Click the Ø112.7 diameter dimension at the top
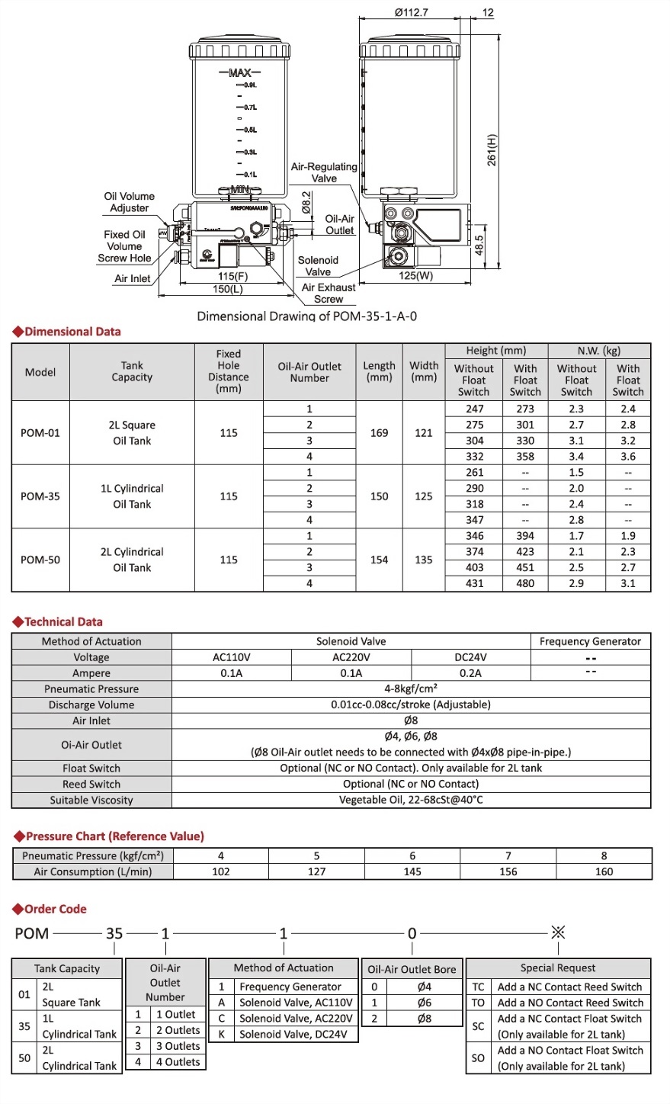[412, 12]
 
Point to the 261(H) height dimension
[492, 149]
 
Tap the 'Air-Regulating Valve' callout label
[324, 172]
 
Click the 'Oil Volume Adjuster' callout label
[129, 202]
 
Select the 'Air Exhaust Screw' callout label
[329, 294]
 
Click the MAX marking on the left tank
[240, 72]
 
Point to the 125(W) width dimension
[415, 276]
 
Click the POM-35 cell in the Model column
[40, 496]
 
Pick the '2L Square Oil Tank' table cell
[132, 433]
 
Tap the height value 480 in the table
[525, 583]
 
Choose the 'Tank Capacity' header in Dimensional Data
[132, 371]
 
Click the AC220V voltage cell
[351, 657]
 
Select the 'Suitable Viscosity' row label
[91, 800]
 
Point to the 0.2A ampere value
[470, 673]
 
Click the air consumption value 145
[412, 871]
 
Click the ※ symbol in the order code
[558, 932]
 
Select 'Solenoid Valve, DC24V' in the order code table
[293, 1035]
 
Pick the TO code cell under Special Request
[478, 1003]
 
